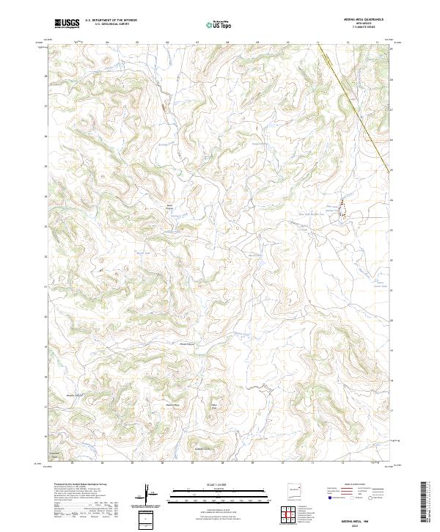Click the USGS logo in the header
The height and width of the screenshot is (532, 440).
pos(67,23)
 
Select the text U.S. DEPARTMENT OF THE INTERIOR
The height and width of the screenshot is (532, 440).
pos(111,21)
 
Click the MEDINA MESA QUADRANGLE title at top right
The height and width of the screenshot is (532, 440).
pos(358,20)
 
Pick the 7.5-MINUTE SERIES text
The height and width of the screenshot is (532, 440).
pos(358,28)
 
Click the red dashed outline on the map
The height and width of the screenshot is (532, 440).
pos(341,209)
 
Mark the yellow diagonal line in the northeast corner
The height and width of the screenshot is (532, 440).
pos(359,110)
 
